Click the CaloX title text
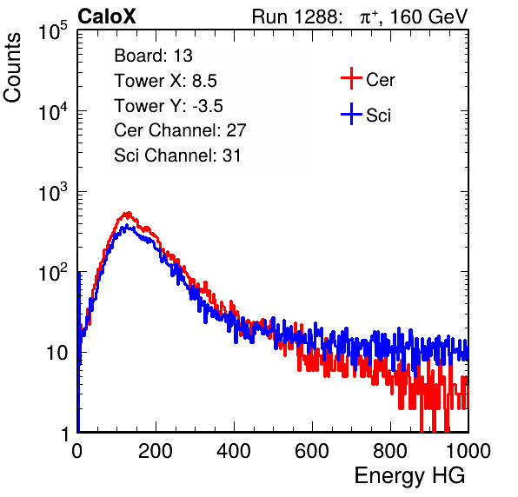tap(107, 17)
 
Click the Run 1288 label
tap(296, 17)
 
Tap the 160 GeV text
tap(428, 17)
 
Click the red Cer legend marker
tap(351, 78)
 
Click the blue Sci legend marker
tap(351, 114)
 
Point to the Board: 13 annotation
tap(153, 56)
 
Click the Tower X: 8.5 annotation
tap(165, 81)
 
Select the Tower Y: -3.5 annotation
tap(169, 106)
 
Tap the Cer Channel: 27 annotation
tap(180, 130)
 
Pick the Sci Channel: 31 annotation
tap(177, 156)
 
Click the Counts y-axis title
tap(12, 67)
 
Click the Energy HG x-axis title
tap(409, 476)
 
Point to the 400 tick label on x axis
tap(234, 451)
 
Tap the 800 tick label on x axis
tap(390, 451)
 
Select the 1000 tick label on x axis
tap(468, 451)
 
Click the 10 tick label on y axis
tap(57, 353)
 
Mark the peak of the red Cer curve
tap(128, 214)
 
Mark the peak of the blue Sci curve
tap(126, 226)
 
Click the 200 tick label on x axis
tap(156, 451)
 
